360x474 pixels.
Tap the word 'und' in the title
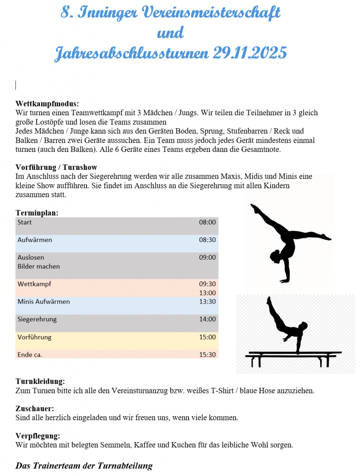[x=171, y=33]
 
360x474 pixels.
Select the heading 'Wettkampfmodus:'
[x=47, y=104]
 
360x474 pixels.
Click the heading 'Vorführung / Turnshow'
[x=56, y=167]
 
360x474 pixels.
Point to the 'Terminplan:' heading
[x=37, y=212]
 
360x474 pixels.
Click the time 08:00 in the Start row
[x=208, y=222]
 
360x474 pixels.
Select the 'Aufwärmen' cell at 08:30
[x=35, y=240]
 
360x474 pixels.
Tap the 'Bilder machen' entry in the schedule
[x=38, y=266]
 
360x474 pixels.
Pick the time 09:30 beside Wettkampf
[x=208, y=284]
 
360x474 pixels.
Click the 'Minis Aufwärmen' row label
[x=44, y=301]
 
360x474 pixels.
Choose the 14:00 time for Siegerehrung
[x=208, y=319]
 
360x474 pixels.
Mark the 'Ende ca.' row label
[x=30, y=355]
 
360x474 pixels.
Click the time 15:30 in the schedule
[x=208, y=355]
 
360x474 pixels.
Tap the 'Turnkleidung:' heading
[x=40, y=381]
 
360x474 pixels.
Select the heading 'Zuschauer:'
[x=35, y=408]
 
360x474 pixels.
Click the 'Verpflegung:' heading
[x=38, y=436]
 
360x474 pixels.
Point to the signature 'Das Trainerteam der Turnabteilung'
[x=84, y=466]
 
